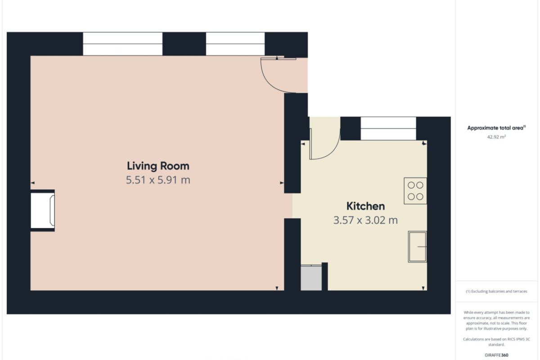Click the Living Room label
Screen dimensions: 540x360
tap(158, 166)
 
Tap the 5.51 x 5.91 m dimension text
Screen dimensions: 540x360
tap(158, 180)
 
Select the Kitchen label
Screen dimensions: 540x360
tap(365, 206)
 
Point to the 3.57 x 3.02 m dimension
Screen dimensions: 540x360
tap(365, 220)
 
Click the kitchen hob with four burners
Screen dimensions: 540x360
tap(415, 191)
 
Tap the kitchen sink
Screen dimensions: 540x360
tap(417, 247)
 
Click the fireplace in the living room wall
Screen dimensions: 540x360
tap(43, 211)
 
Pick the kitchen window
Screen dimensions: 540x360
tap(388, 129)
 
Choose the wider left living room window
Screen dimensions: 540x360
tap(123, 44)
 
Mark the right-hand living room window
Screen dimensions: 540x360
tap(235, 44)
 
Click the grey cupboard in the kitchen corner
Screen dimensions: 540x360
tap(311, 278)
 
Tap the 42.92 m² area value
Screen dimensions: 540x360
tap(496, 137)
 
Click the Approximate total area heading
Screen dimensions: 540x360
tap(496, 128)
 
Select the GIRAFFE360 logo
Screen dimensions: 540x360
tap(496, 355)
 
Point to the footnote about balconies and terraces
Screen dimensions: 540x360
tap(496, 291)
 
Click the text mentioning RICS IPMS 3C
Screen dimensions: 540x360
tap(496, 342)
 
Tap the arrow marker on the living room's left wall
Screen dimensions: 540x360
tap(32, 183)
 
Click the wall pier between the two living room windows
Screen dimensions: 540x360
tap(184, 44)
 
